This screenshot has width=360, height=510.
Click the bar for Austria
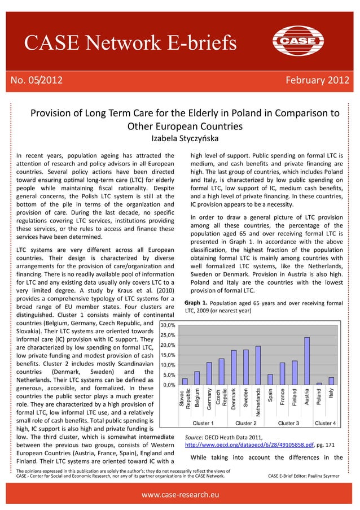[307, 361]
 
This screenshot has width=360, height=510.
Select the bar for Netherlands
[258, 366]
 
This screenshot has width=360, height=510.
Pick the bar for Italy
[331, 381]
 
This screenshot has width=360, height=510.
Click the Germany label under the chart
[209, 396]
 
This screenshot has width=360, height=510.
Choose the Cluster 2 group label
[246, 423]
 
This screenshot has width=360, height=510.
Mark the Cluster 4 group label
[325, 423]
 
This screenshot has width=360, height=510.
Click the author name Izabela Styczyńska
[181, 138]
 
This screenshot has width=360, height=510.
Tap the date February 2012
[318, 80]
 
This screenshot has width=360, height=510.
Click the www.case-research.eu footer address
[180, 495]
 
